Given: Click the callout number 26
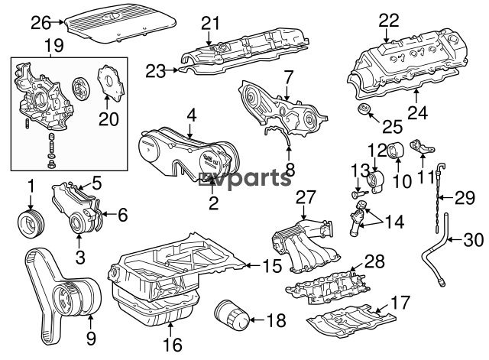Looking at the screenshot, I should [40, 22].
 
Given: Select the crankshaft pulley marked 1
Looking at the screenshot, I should [31, 223].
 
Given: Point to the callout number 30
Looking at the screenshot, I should [474, 240].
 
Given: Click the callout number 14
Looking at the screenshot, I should [395, 222].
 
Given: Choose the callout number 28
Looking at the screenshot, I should [374, 261].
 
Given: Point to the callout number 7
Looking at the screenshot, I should [288, 77].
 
